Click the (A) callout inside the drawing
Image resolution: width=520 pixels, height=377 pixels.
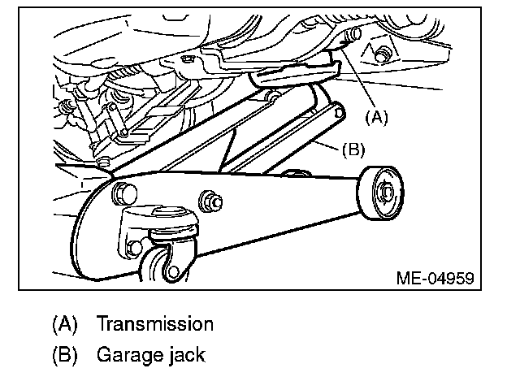click(375, 117)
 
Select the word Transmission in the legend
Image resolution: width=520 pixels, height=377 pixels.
click(155, 324)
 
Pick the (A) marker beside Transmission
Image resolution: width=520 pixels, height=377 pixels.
click(64, 324)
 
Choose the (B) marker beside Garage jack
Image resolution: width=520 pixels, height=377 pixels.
click(64, 354)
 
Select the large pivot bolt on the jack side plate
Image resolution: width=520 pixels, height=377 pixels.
click(124, 193)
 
